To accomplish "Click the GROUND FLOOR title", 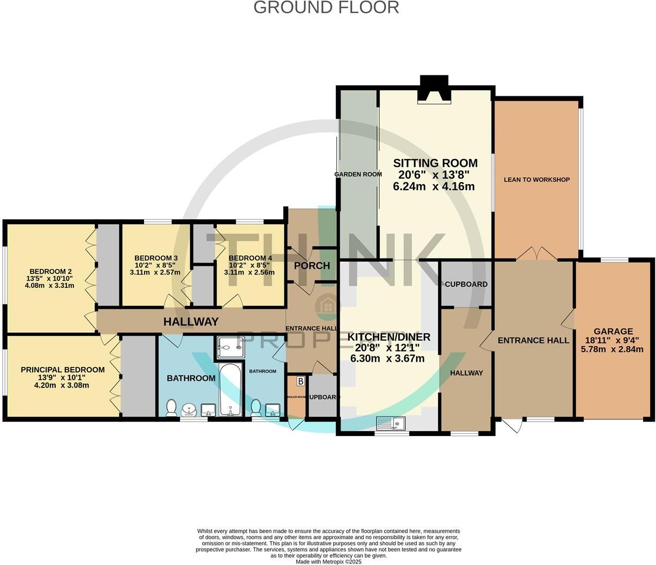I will click(326, 8).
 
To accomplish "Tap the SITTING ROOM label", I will click(435, 163).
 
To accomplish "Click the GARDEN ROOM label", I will click(358, 174).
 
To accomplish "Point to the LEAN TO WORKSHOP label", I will click(537, 180).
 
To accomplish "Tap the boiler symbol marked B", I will click(300, 381).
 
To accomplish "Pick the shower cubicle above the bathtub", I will click(231, 348).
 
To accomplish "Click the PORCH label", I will click(312, 266).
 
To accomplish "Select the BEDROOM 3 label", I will click(156, 258).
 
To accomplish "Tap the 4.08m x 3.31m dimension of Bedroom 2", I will click(49, 286).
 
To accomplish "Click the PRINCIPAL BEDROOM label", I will click(63, 370).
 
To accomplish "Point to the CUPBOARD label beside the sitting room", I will click(466, 284).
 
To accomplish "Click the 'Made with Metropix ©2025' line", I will click(328, 562).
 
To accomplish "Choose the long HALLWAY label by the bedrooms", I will click(191, 322).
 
